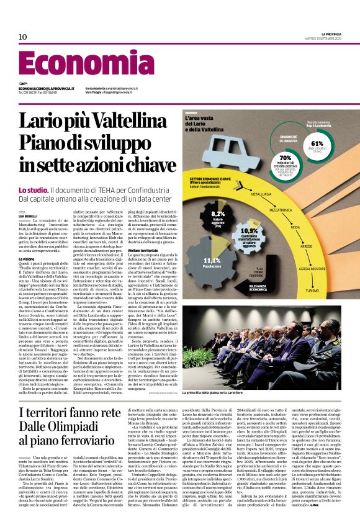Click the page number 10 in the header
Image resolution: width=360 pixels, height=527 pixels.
(x=23, y=37)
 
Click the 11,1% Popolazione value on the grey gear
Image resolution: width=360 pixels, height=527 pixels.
(x=213, y=261)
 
